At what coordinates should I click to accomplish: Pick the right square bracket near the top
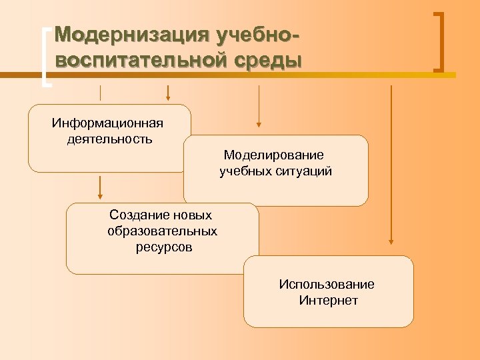[x=440, y=41]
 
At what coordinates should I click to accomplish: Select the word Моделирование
[x=274, y=155]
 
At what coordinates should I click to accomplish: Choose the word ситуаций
[x=304, y=171]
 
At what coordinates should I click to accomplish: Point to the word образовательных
[x=162, y=231]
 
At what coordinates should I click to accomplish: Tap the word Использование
[x=327, y=285]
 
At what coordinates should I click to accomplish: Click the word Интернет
[x=329, y=301]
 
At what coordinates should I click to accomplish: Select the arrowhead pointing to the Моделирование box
[x=259, y=123]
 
